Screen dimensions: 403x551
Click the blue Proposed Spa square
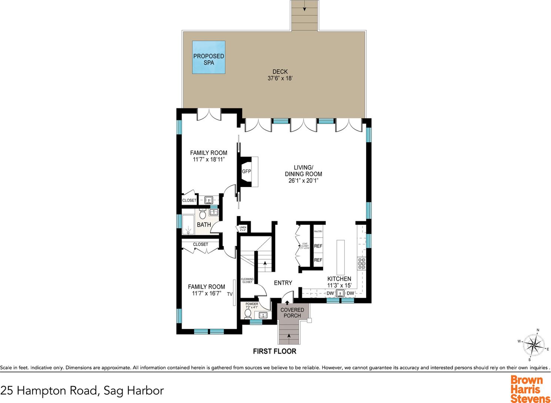[x=208, y=57]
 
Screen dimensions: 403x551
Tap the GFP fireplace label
[x=246, y=171]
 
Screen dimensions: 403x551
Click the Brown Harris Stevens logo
[x=530, y=389]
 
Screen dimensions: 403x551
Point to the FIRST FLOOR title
[x=274, y=351]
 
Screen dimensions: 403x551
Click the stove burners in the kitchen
[x=361, y=263]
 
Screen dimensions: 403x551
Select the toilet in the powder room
[x=248, y=314]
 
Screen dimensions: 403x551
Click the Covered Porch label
[x=292, y=313]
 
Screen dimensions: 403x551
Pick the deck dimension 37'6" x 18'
[x=280, y=79]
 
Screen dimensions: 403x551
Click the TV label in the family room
[x=230, y=294]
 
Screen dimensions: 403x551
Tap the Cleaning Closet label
[x=247, y=280]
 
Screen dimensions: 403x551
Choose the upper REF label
[x=318, y=246]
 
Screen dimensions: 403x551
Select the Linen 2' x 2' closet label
[x=243, y=229]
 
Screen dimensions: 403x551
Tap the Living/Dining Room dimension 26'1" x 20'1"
[x=303, y=181]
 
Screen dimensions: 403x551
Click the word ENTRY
[x=283, y=283]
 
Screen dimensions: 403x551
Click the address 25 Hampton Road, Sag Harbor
[x=82, y=390]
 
